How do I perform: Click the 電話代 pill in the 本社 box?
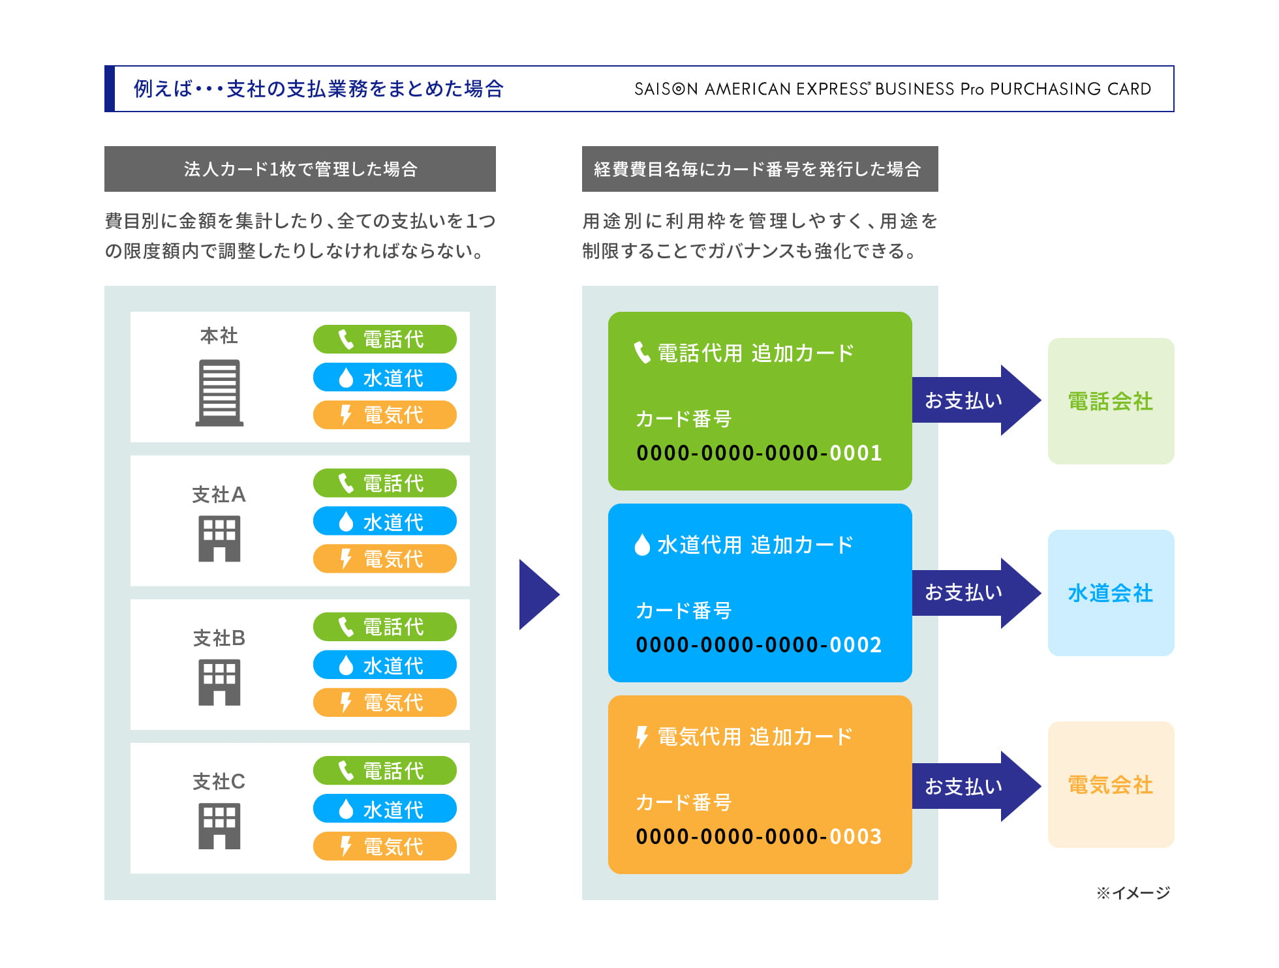pos(384,339)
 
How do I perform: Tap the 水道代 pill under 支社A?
pos(384,521)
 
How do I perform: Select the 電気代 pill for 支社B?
pos(384,703)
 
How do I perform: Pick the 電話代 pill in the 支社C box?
pos(384,770)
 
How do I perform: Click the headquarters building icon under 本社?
pos(219,393)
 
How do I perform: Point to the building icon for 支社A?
pos(219,539)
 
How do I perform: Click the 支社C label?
pos(219,781)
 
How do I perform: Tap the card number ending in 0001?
pos(759,453)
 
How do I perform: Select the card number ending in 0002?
pos(759,644)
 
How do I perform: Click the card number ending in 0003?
pos(759,836)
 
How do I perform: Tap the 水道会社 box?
pos(1111,593)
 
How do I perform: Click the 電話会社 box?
pos(1111,401)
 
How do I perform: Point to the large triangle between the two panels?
pos(537,594)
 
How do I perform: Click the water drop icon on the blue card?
pos(642,545)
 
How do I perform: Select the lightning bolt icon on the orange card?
pos(642,737)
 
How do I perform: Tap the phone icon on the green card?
pos(642,353)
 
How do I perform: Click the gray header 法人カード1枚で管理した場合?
pos(300,169)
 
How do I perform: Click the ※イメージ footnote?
pos(1133,892)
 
